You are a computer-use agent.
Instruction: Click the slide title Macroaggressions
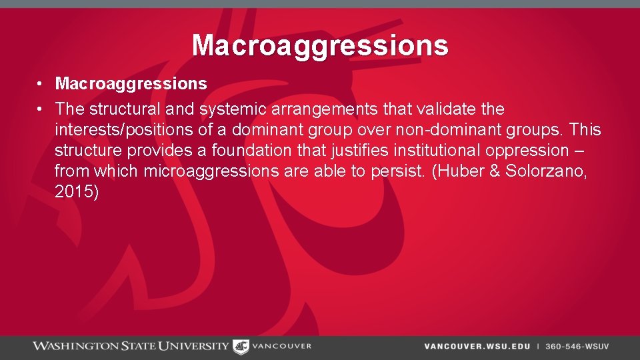320,45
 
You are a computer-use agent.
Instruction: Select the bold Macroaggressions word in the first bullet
131,84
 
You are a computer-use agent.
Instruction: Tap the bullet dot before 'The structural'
41,109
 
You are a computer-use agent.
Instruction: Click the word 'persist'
399,171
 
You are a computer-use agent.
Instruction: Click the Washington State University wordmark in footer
131,346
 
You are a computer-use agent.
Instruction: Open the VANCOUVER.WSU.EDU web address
477,347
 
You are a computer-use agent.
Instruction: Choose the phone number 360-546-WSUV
577,347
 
